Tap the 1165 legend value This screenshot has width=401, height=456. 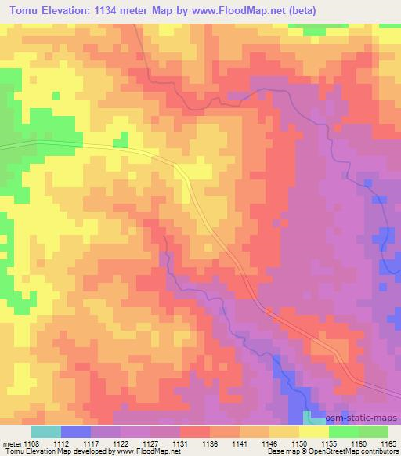tap(388, 443)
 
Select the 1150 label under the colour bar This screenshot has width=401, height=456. tap(300, 443)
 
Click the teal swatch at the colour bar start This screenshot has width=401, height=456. tap(45, 432)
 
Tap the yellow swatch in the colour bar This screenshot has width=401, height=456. tap(313, 432)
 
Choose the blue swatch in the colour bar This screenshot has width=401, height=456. tap(75, 432)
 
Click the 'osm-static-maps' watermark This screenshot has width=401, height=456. tap(363, 420)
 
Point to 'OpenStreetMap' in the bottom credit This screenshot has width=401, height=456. tap(350, 451)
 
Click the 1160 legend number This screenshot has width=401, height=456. tap(358, 443)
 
